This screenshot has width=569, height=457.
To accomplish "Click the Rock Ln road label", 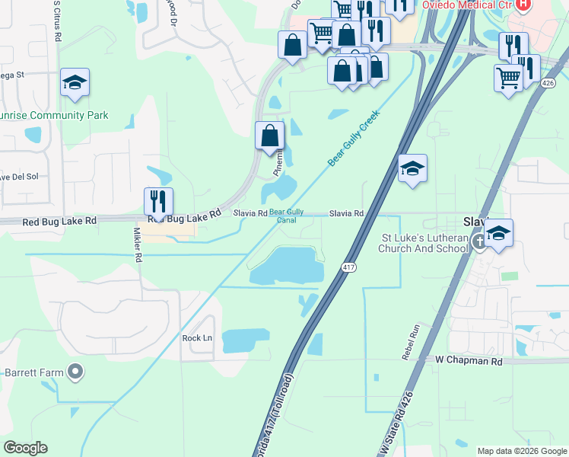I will click(197, 337).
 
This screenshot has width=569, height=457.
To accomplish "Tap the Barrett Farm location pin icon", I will click(75, 372).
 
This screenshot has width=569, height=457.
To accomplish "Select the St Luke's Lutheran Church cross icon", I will click(479, 242).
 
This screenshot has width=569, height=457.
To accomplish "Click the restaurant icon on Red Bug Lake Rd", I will click(158, 201).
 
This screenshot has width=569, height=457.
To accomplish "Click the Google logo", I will click(25, 448).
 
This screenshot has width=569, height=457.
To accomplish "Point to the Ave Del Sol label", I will click(18, 177).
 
